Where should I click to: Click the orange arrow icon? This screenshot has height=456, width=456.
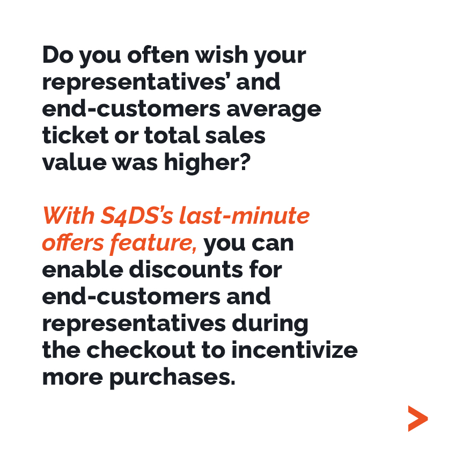coord(417,418)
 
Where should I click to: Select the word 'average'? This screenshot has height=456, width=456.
coord(274,111)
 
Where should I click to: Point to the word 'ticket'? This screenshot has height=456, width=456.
coord(75,135)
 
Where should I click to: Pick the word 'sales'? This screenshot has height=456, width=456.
coord(235,135)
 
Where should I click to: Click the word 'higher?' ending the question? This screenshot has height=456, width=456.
coord(208,161)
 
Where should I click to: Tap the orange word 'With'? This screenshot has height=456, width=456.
coord(68,216)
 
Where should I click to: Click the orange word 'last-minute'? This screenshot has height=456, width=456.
coord(245,216)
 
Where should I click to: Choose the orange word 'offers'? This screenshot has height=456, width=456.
coord(73,242)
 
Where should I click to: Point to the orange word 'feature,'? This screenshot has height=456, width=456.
coord(154,244)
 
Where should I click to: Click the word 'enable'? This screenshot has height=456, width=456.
coord(83,269)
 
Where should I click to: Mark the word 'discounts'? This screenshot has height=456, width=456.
coord(186,269)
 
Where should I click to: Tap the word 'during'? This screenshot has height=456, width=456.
coord(270,325)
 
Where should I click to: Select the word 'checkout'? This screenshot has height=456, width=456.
coord(141,350)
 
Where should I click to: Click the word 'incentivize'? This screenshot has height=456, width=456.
coord(295,350)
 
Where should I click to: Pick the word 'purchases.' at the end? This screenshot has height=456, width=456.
coord(172,378)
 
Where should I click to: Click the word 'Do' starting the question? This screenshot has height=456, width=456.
coord(58,54)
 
